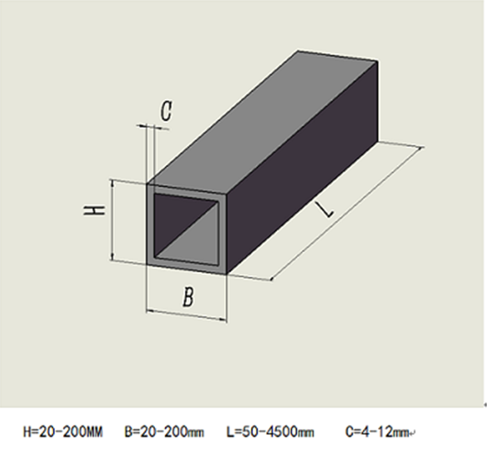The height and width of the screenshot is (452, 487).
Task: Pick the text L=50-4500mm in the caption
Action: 274,429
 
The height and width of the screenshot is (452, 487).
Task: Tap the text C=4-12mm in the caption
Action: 377,429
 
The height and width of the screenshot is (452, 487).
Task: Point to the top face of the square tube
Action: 266,119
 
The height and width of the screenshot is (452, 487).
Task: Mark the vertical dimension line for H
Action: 111,220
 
